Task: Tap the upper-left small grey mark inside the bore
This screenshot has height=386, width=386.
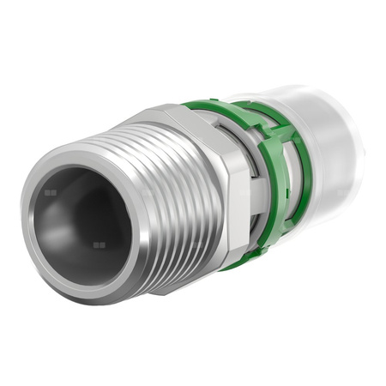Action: point(51,193)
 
